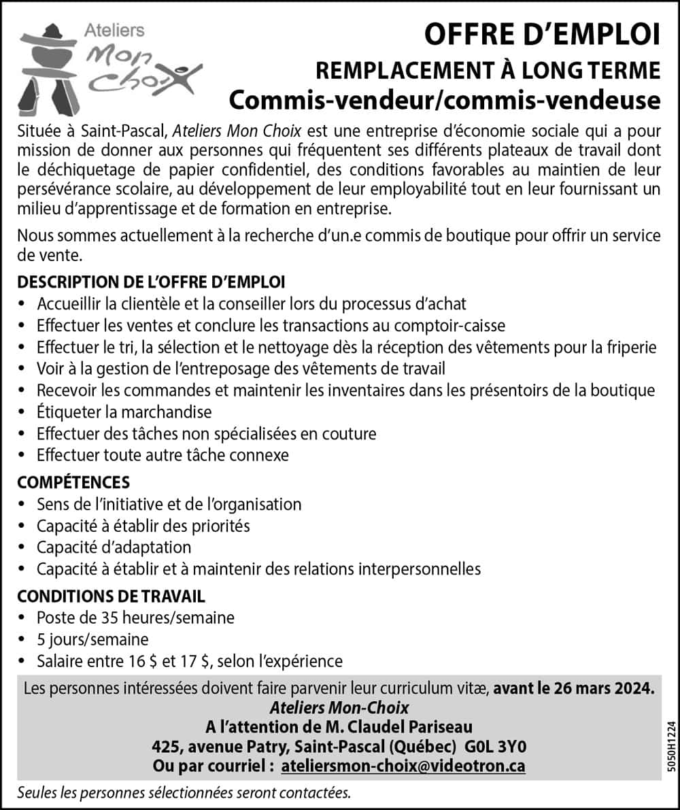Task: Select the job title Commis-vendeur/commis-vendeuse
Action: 445,100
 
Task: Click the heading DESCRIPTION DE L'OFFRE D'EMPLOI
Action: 151,282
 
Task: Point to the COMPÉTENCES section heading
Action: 73,482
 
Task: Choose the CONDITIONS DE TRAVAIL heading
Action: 111,596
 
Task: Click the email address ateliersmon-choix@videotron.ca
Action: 403,766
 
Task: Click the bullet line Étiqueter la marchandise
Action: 124,412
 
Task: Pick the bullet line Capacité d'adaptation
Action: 114,547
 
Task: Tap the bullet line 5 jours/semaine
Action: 92,639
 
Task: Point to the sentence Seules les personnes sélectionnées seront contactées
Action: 184,793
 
